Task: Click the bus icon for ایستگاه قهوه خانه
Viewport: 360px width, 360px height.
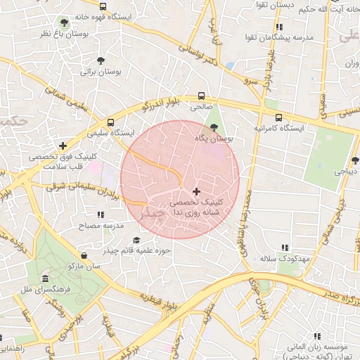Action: [x=103, y=6]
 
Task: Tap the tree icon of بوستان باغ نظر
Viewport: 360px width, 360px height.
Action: [x=65, y=23]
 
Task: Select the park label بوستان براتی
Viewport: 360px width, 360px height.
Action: [x=97, y=71]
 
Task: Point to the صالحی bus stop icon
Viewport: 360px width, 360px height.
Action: [x=202, y=95]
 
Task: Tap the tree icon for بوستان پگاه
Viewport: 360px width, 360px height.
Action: [x=214, y=127]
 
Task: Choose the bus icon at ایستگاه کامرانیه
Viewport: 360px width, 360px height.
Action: [x=279, y=118]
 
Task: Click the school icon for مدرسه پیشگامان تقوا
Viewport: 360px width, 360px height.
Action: [x=278, y=27]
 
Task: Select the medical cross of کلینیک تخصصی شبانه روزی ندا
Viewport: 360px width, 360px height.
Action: [x=195, y=191]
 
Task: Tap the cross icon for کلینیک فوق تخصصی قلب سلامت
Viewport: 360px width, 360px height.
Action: [x=63, y=145]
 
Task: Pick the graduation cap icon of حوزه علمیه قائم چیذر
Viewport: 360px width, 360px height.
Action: [x=136, y=240]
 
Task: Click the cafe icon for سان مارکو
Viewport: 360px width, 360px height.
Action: [x=85, y=255]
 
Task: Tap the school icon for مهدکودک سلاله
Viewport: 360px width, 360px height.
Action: [x=284, y=247]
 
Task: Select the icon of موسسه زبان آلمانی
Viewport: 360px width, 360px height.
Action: [x=317, y=336]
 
